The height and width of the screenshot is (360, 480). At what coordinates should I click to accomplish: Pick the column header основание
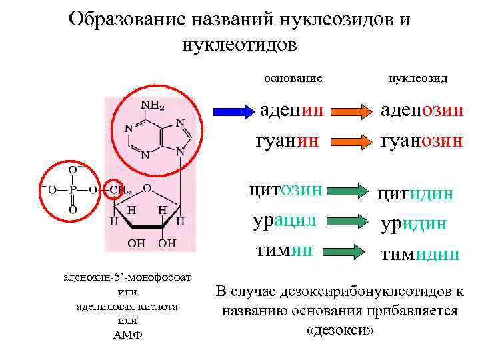coord(293,78)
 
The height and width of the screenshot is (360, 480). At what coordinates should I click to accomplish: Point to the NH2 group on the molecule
coord(151,105)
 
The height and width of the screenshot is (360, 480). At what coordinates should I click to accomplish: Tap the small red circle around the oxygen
coord(113,189)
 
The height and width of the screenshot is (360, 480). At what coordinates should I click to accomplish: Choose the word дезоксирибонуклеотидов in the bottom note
coord(359,291)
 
